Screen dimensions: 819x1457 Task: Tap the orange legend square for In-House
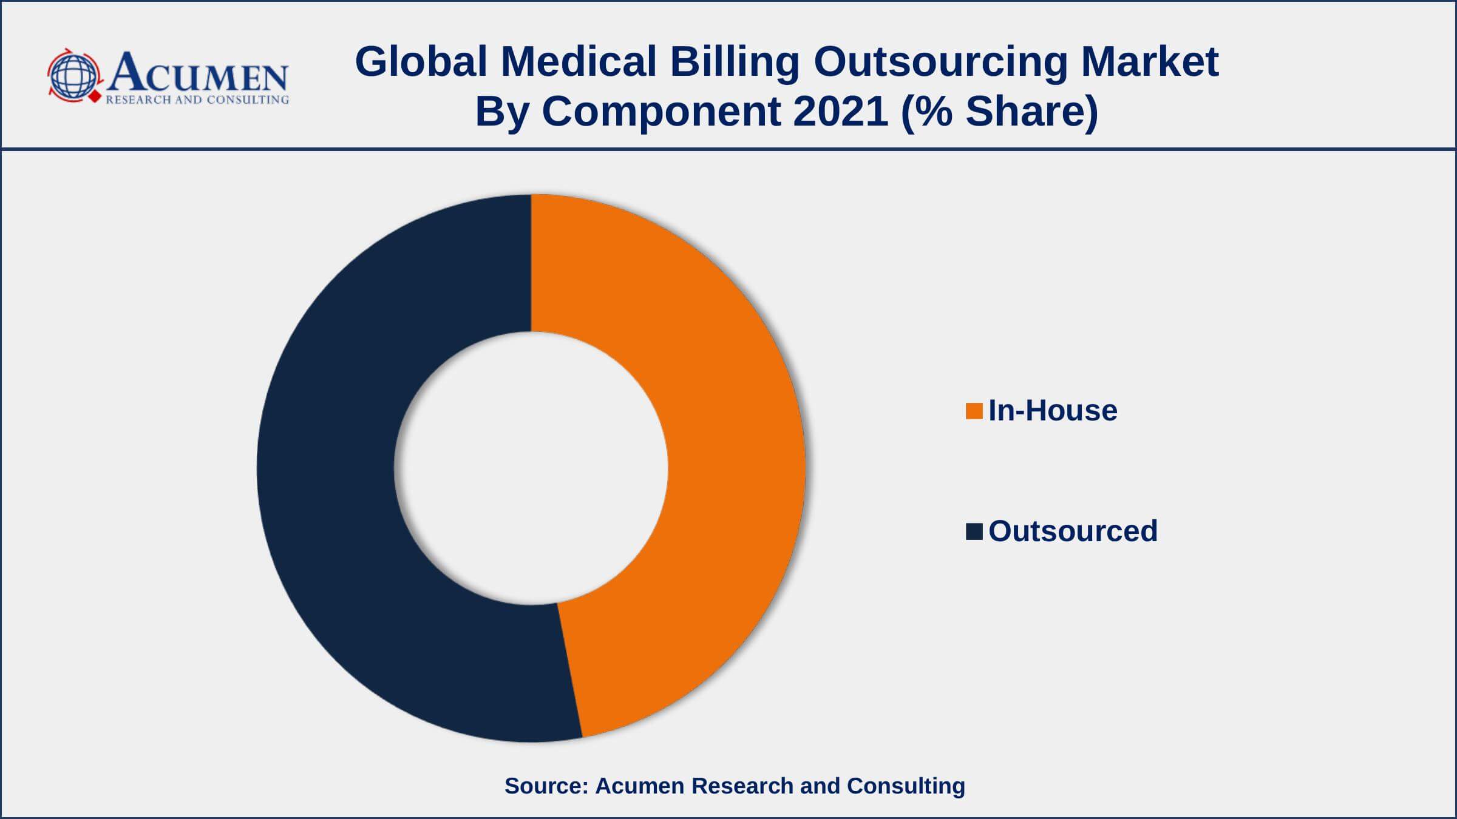click(x=974, y=411)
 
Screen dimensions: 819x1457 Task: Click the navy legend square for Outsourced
click(x=974, y=532)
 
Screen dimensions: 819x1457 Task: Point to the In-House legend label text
click(x=1053, y=411)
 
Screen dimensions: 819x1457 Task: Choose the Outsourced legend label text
click(x=1073, y=531)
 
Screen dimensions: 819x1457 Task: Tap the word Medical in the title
click(x=579, y=62)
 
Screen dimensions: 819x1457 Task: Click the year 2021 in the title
click(x=841, y=112)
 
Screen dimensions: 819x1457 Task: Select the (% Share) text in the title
click(x=999, y=112)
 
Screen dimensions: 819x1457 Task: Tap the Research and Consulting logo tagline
click(x=197, y=100)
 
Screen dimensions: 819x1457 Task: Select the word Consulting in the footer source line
click(x=906, y=786)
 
